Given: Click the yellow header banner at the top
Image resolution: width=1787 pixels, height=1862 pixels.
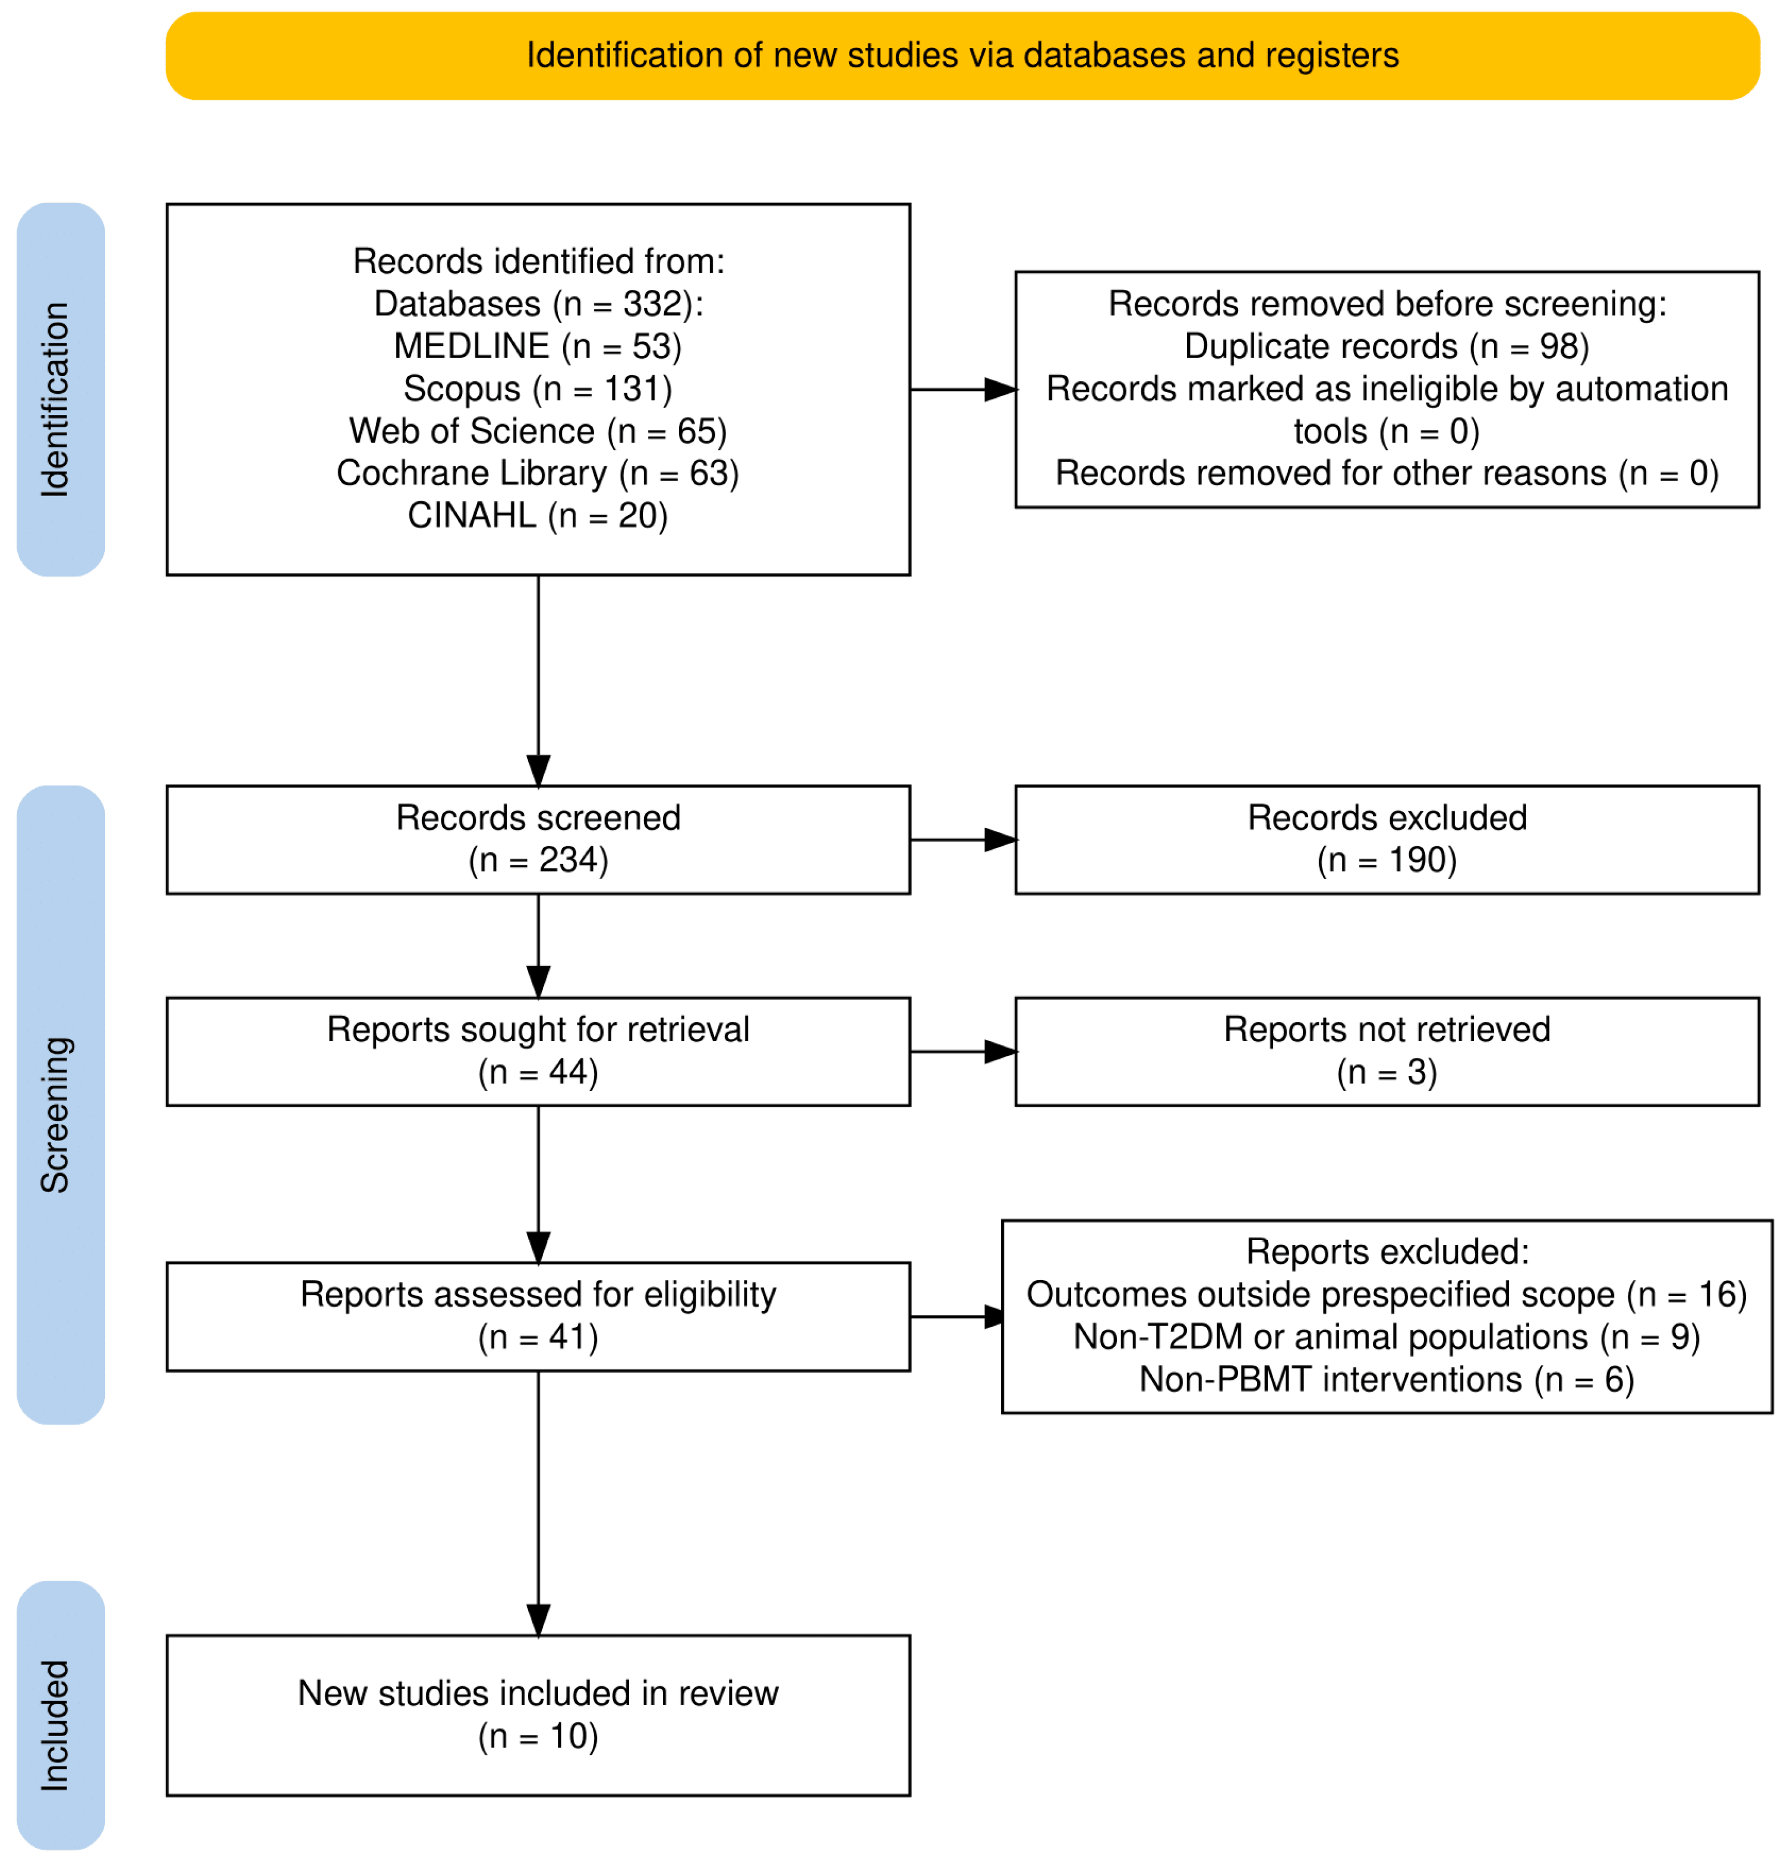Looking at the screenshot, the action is pos(961,56).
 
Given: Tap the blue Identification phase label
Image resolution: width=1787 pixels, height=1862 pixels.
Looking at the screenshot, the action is pos(61,390).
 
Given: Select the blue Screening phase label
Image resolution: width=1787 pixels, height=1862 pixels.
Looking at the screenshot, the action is pos(61,1104).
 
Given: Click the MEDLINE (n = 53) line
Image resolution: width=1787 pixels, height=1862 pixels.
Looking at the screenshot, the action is pos(538,347).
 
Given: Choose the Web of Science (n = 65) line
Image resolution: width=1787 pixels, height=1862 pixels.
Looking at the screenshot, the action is pos(538,431).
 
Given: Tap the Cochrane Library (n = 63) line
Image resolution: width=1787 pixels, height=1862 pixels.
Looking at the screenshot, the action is pos(538,473).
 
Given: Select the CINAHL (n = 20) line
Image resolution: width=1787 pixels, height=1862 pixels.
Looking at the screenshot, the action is pos(538,516).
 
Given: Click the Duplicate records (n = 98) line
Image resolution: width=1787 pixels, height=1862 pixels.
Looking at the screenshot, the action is pos(1386,347).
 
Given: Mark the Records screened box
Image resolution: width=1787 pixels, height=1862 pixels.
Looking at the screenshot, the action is pos(538,840).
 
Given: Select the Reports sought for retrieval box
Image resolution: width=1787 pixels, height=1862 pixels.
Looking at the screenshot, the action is pos(538,1052).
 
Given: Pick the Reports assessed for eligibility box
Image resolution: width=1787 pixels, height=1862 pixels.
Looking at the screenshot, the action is pos(538,1317).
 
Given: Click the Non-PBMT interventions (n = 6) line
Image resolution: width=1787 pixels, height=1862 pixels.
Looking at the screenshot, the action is pos(1386,1379).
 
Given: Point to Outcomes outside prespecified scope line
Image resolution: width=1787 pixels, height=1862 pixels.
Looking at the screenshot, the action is pos(1386,1295).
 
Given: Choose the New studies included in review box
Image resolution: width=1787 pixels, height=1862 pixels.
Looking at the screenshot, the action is pos(538,1716).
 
